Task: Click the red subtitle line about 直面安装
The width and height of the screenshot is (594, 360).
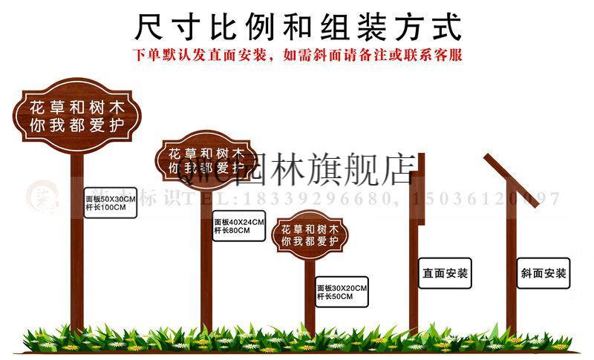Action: tap(298, 55)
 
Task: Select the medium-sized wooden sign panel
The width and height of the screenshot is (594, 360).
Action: tap(207, 158)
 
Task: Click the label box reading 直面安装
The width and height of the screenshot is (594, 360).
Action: tap(446, 272)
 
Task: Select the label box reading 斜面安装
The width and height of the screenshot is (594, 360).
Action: tap(544, 272)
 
